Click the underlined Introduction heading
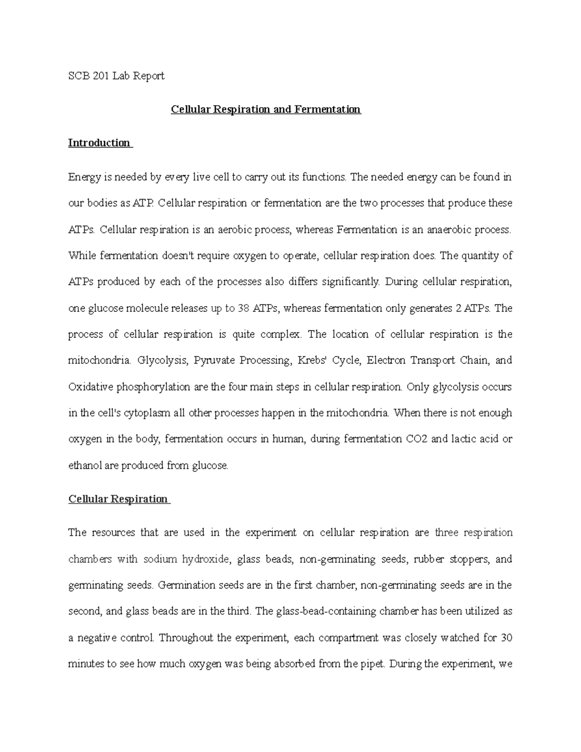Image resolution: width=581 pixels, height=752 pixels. coord(99,143)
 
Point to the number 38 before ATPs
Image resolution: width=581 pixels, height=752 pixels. coord(244,308)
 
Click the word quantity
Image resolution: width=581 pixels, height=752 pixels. coord(473,256)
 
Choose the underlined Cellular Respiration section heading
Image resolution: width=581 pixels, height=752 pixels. coord(118,499)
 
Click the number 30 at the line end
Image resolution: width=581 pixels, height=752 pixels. coord(506,638)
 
